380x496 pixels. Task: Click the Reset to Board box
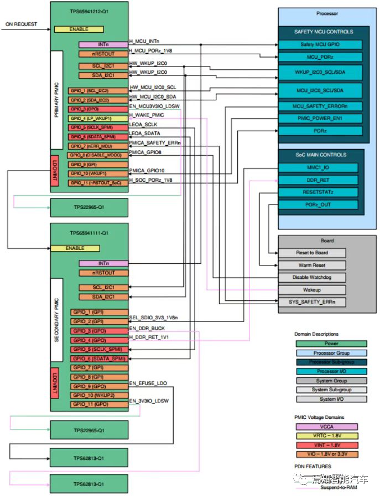(x=311, y=253)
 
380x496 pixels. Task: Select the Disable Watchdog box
(x=311, y=278)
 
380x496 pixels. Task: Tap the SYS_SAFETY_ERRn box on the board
(x=311, y=302)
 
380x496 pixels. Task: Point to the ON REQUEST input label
(x=22, y=24)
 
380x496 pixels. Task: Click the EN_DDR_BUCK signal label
(x=147, y=329)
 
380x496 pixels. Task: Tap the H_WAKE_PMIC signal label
(x=147, y=115)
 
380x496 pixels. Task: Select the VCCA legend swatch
(x=331, y=426)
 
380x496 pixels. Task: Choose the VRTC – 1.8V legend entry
(x=331, y=436)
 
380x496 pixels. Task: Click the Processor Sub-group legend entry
(x=331, y=362)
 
